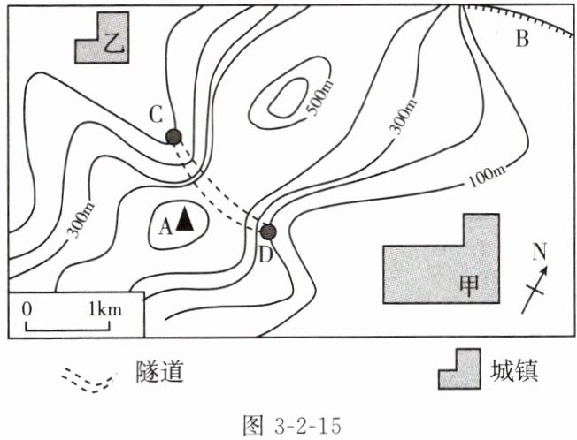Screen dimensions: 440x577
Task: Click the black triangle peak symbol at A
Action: [184, 218]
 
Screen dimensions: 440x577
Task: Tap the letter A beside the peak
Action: [164, 226]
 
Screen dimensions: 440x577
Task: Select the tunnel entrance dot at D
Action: [268, 231]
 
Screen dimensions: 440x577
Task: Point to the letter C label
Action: [156, 115]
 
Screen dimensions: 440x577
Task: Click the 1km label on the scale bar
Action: [104, 309]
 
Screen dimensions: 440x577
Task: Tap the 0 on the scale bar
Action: [27, 309]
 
